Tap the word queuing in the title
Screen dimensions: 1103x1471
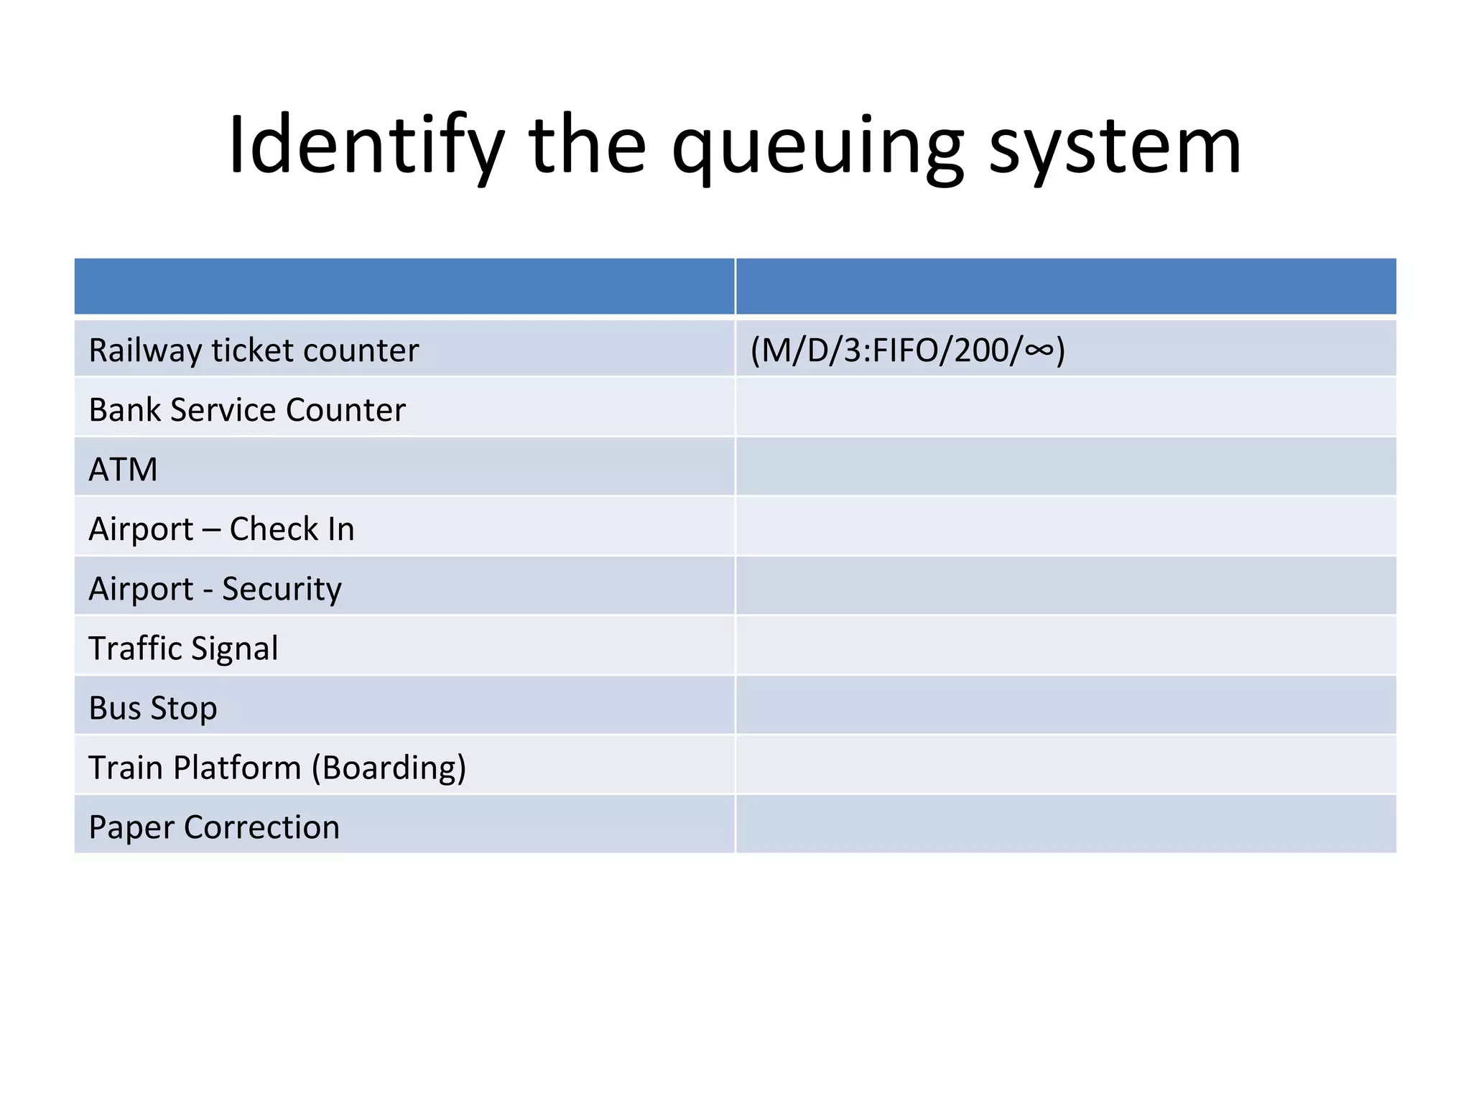(x=817, y=147)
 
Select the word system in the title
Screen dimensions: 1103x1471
(x=1115, y=147)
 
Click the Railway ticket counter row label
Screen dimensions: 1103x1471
(x=254, y=350)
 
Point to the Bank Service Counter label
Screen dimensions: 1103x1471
(x=247, y=410)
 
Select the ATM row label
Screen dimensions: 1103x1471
(x=123, y=470)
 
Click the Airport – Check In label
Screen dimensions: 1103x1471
(x=221, y=529)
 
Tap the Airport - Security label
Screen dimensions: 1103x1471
(x=215, y=589)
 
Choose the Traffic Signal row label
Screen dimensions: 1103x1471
(x=183, y=648)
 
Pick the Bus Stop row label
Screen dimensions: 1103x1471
(x=153, y=708)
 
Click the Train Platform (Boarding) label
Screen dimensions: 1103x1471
(x=277, y=768)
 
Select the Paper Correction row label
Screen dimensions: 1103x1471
(x=214, y=827)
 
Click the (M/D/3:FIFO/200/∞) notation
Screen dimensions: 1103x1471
(x=908, y=350)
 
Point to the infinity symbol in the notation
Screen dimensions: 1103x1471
(x=1039, y=350)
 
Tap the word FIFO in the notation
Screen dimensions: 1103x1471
(x=907, y=350)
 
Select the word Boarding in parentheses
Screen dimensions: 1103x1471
(x=389, y=768)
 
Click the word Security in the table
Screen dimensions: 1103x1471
(x=282, y=589)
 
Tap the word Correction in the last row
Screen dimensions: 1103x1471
(x=261, y=827)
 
